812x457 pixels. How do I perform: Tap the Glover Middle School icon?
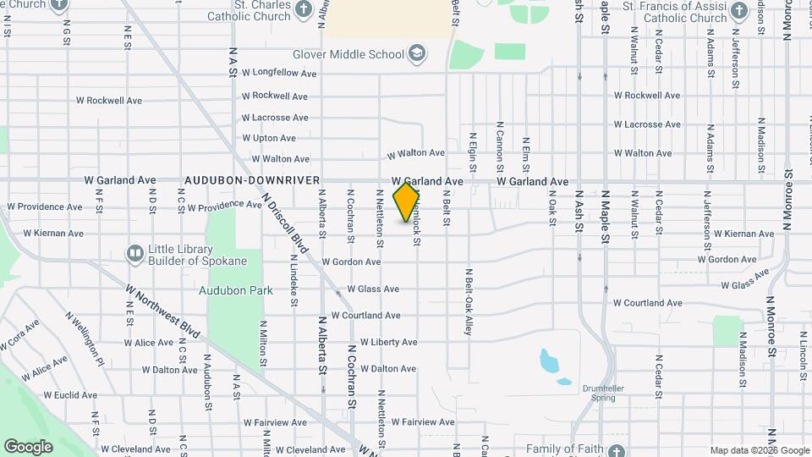click(416, 55)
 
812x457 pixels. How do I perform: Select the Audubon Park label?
click(236, 290)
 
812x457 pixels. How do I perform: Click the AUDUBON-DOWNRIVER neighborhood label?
click(252, 180)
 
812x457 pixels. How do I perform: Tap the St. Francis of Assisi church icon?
click(738, 11)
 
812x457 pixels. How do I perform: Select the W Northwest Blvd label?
click(162, 311)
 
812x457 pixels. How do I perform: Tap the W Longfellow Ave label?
click(278, 74)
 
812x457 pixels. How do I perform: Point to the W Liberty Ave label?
click(388, 342)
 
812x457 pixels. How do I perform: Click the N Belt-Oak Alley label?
click(468, 302)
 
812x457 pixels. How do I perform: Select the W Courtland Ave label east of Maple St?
click(647, 303)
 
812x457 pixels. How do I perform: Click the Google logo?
click(28, 446)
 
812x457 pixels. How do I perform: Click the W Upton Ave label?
click(268, 138)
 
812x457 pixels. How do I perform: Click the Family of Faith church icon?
click(617, 449)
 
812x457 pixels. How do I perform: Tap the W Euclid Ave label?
click(70, 395)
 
